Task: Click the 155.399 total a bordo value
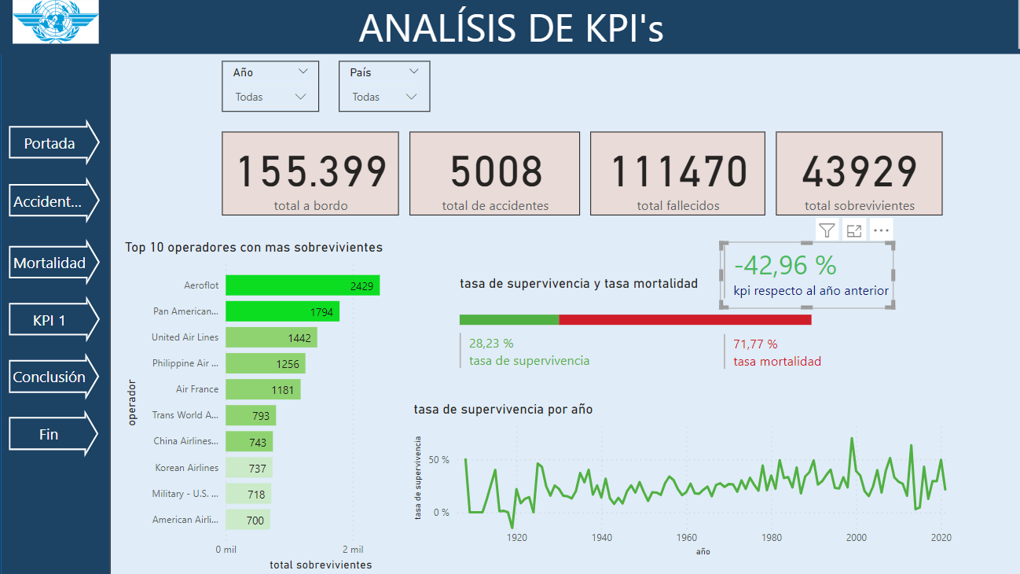(x=311, y=171)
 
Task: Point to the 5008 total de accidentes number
(x=495, y=171)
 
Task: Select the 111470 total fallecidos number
(x=678, y=171)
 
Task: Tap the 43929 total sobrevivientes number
(x=860, y=171)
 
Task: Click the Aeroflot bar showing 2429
(x=303, y=285)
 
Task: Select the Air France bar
(x=262, y=389)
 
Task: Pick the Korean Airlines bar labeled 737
(x=248, y=468)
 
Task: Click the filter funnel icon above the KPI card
(x=827, y=230)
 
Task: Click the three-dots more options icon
(x=880, y=230)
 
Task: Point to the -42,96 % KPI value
(x=785, y=265)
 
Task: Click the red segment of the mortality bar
(x=684, y=319)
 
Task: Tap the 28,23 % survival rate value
(x=491, y=344)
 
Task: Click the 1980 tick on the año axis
(x=772, y=538)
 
